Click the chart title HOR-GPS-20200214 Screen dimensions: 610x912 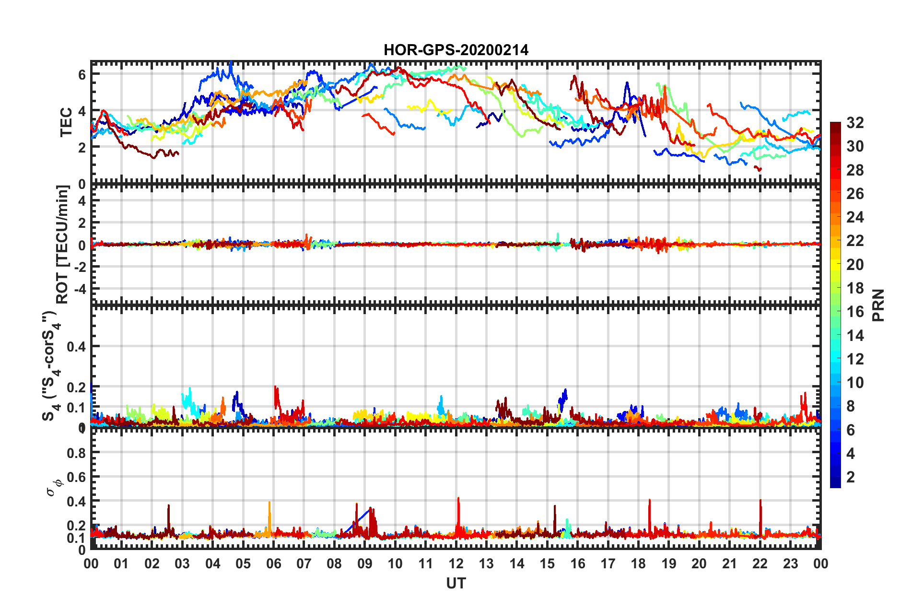456,50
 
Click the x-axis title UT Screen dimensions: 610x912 456,583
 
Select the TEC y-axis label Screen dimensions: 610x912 66,122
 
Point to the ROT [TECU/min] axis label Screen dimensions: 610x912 62,244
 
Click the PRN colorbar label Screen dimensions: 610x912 878,305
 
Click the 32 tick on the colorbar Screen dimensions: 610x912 855,123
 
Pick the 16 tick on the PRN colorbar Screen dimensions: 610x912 855,312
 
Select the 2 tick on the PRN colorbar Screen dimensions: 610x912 851,477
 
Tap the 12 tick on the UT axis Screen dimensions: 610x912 456,563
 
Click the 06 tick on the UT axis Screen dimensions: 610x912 273,563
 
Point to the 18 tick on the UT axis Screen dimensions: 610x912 638,563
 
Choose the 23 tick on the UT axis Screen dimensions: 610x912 790,563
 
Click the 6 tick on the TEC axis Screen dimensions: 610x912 82,74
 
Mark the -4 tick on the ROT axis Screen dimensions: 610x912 79,289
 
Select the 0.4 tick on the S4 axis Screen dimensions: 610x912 76,346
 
